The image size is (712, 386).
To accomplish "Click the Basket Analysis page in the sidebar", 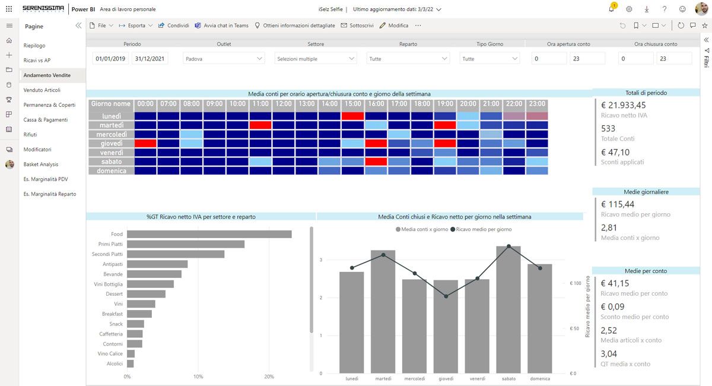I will click(41, 164).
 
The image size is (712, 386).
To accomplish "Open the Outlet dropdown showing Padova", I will click(224, 59).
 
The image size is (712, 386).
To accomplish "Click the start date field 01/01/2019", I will click(111, 59).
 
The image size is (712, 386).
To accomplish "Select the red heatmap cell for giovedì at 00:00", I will click(145, 143).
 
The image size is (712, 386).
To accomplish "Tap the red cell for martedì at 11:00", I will click(260, 125).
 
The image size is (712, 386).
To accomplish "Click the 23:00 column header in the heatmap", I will click(536, 104).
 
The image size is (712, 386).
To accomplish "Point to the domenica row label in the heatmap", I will click(111, 171).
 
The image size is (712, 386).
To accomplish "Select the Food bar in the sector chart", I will click(209, 234).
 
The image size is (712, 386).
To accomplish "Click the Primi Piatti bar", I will click(186, 244).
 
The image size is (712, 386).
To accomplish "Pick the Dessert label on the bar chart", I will click(114, 294).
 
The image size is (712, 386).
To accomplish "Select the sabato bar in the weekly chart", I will click(508, 309).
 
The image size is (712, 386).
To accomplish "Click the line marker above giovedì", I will click(446, 296).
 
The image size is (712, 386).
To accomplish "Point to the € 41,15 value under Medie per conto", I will click(615, 283).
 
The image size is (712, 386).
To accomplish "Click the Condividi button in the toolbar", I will click(174, 26).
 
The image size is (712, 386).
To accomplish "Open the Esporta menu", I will click(136, 26).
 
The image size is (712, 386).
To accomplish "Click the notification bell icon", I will click(611, 9).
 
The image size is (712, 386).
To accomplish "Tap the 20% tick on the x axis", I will click(269, 376).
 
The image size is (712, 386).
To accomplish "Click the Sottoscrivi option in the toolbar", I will click(357, 26).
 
